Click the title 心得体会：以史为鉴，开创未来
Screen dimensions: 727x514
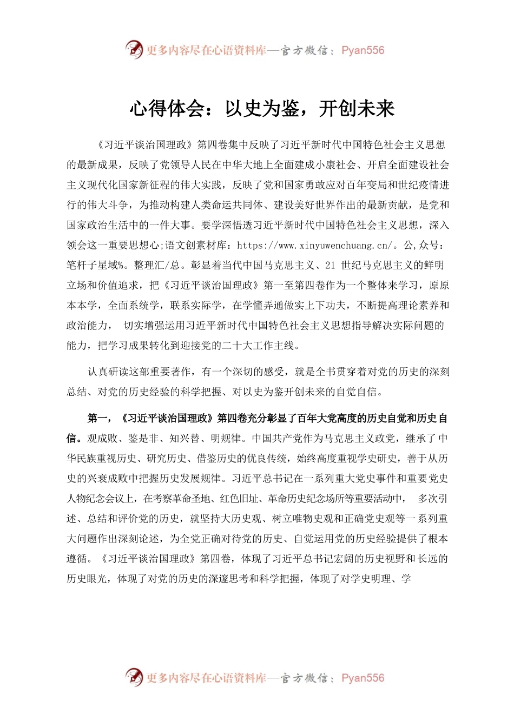pyautogui.click(x=262, y=109)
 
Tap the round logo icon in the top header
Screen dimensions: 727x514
pyautogui.click(x=134, y=50)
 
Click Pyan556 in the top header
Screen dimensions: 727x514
pyautogui.click(x=363, y=50)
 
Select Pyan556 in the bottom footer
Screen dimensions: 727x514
pyautogui.click(x=363, y=678)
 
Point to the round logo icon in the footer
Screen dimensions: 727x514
pyautogui.click(x=134, y=677)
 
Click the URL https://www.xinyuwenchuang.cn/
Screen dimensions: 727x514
pyautogui.click(x=314, y=246)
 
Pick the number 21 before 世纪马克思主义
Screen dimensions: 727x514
pyautogui.click(x=330, y=266)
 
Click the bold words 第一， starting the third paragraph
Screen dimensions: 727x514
pyautogui.click(x=100, y=419)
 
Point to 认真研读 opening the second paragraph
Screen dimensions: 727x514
pyautogui.click(x=108, y=372)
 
